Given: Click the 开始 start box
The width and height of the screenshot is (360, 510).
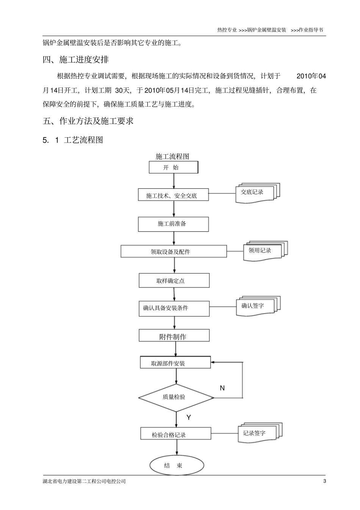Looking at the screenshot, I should point(173,168).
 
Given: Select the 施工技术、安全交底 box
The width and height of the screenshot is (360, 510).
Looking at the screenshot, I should point(173,195).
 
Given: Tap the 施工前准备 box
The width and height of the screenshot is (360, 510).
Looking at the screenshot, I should point(173,224).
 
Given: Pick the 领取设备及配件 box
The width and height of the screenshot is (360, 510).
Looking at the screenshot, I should point(174,251).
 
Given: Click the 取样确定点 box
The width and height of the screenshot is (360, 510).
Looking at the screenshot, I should point(174,281).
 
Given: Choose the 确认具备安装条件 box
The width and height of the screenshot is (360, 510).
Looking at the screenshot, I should point(174,308).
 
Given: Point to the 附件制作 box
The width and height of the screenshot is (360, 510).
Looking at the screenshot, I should point(174,336).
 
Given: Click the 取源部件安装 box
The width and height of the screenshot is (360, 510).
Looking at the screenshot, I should point(175,363).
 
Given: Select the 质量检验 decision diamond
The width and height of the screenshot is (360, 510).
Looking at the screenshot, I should point(176,397).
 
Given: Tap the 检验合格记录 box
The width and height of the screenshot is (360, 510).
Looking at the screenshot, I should point(176,435).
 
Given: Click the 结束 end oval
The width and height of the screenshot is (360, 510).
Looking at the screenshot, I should point(177,465).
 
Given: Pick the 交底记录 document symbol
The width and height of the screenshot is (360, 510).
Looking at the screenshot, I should point(257,193).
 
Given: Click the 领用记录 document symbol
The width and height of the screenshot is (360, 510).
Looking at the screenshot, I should point(264,251).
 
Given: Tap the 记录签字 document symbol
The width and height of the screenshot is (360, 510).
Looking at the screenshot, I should point(259,433).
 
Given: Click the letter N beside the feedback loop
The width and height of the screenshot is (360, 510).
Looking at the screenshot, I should point(222,388).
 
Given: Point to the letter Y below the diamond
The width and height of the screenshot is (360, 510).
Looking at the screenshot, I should point(189,417).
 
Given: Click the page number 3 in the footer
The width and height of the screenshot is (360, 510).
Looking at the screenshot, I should point(324,481).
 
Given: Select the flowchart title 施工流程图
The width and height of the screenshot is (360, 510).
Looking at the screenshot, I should point(172,157).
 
